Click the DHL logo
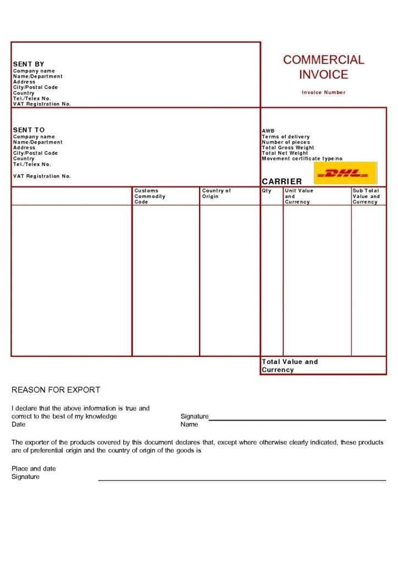(x=345, y=173)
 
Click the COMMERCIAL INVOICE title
(x=324, y=67)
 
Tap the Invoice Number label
(x=324, y=92)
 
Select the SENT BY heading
(x=29, y=64)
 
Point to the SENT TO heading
(x=29, y=130)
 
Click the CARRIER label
(x=282, y=181)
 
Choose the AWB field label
(x=268, y=131)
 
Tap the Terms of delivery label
(x=286, y=137)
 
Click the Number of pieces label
(x=286, y=142)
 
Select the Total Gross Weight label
(x=288, y=148)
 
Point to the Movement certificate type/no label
(x=302, y=159)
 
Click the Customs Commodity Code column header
(x=150, y=196)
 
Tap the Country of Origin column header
(x=217, y=194)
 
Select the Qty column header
(x=267, y=191)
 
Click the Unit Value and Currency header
(x=299, y=196)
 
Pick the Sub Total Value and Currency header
(x=366, y=196)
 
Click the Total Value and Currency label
(x=290, y=366)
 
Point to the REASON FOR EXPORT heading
(x=56, y=390)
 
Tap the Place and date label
(x=34, y=469)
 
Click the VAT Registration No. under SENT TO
(x=42, y=176)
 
